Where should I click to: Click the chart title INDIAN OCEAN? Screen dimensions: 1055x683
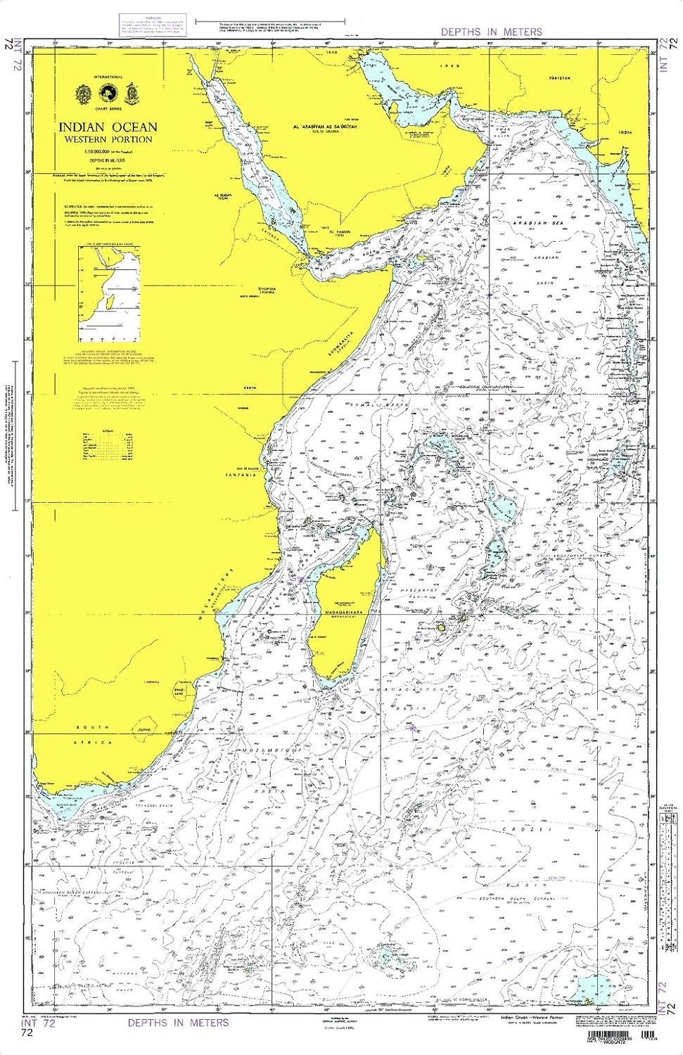coord(108,127)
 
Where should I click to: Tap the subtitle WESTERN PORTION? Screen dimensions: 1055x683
coord(108,139)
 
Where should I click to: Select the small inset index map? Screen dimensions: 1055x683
coord(109,288)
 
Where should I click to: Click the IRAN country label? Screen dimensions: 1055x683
coord(449,66)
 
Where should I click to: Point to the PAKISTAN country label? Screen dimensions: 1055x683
coord(560,78)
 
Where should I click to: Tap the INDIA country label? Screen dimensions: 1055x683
coord(625,132)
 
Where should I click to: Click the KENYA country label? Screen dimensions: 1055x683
coord(250,388)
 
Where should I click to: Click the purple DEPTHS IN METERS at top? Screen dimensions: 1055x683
coord(491,32)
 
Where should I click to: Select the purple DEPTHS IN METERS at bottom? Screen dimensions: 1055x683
coord(178,1022)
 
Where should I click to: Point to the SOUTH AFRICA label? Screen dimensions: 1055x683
coord(94,734)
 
